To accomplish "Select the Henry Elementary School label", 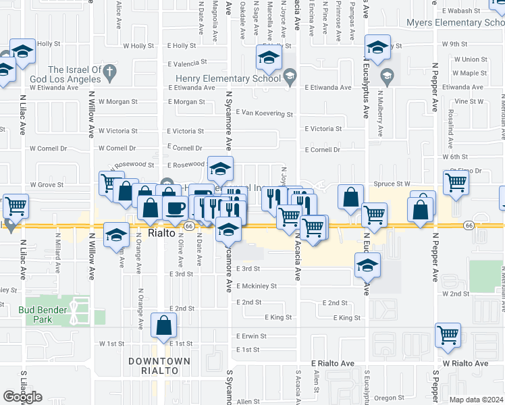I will [229, 78].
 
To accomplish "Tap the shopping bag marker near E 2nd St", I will [164, 327].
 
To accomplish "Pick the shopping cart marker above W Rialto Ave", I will [448, 335].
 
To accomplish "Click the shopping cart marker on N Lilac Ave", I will [16, 205].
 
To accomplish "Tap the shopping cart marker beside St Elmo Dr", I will [456, 182].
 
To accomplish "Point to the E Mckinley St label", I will [257, 286].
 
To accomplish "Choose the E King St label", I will [278, 317].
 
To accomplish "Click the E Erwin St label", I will [252, 336].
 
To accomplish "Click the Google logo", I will [22, 397].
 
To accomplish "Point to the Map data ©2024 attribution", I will [475, 400].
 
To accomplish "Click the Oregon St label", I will [389, 398].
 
